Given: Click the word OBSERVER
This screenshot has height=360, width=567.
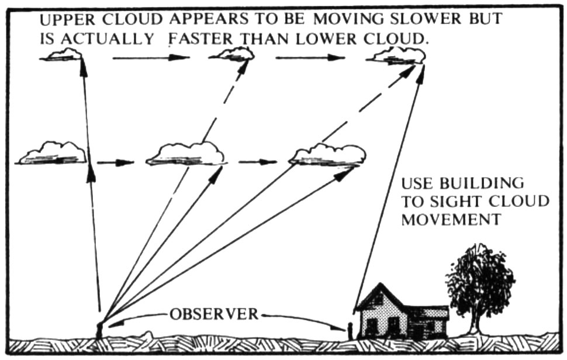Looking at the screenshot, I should (213, 314).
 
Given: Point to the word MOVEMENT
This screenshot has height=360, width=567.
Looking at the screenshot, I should (451, 220).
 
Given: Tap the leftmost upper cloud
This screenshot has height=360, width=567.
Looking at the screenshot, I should (63, 56).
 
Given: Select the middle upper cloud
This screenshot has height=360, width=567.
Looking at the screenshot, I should (233, 55).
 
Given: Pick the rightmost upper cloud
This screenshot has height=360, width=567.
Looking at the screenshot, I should (397, 56).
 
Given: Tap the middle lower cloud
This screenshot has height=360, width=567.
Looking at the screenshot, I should (186, 154).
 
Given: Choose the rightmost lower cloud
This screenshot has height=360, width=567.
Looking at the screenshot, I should (328, 155).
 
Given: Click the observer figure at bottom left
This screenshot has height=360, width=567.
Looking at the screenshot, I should (99, 329).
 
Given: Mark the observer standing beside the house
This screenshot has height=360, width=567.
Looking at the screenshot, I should (350, 330).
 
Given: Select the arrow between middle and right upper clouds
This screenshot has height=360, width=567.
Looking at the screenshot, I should (310, 58).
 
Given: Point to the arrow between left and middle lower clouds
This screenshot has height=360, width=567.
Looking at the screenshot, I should (115, 162).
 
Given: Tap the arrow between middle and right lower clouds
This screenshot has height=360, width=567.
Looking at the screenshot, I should (257, 162).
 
